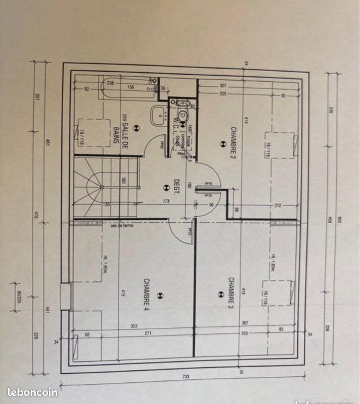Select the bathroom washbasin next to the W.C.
159,114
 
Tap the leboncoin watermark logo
32,391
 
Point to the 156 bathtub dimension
130,86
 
